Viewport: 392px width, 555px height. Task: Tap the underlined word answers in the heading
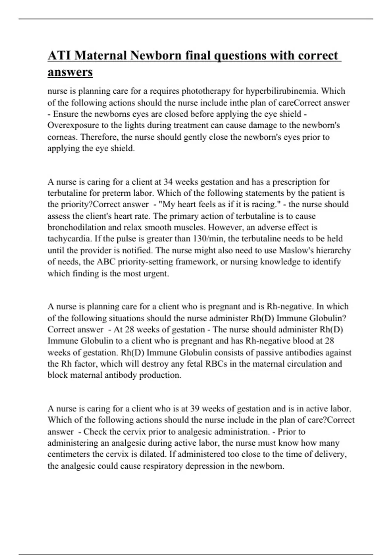point(70,72)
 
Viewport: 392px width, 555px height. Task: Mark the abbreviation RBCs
point(216,364)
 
